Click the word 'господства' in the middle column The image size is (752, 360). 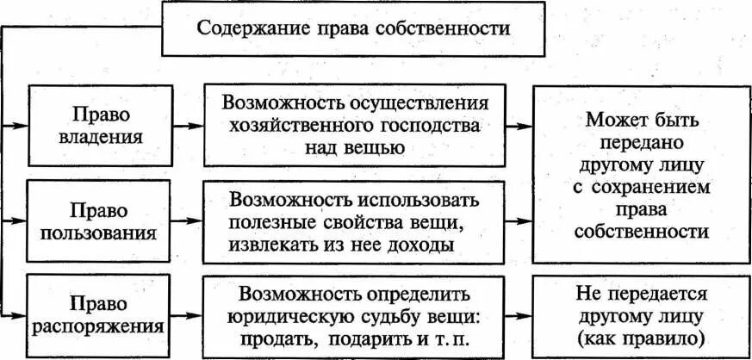[431, 126]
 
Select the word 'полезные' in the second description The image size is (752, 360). [263, 223]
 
